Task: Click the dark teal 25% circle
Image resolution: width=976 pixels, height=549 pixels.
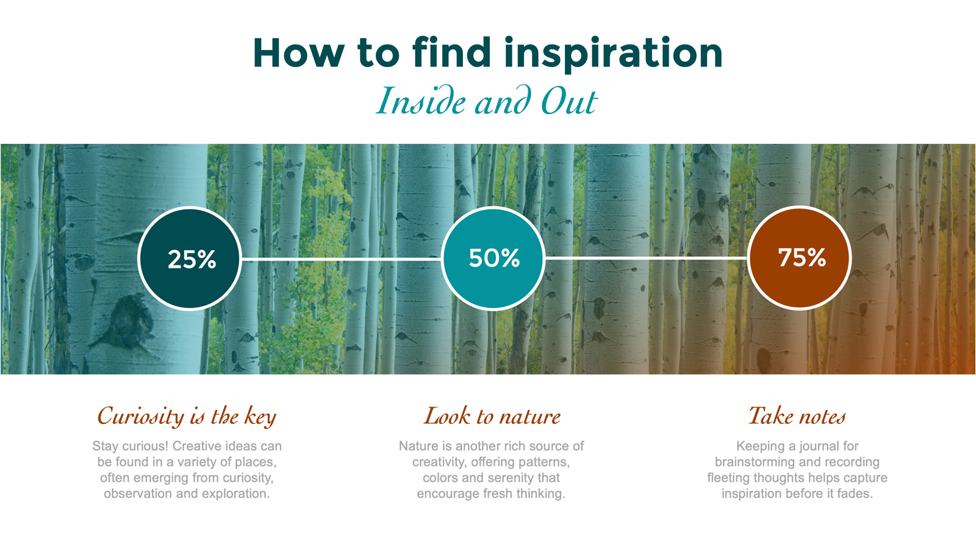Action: (x=190, y=259)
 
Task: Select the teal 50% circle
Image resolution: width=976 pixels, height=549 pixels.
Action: (x=493, y=258)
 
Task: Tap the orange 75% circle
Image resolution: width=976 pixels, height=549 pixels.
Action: (x=800, y=258)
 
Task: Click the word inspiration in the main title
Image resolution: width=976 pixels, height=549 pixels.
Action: (x=613, y=54)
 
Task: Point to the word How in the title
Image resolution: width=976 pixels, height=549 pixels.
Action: (x=299, y=53)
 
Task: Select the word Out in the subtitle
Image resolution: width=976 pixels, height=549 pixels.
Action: (x=569, y=102)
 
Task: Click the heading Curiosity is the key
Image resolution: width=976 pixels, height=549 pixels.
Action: (x=187, y=416)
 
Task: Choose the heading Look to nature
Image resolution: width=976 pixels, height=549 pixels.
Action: (x=492, y=415)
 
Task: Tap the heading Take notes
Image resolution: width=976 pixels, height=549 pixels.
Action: (x=797, y=415)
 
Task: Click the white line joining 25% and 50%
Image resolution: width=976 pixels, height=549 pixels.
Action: (x=341, y=259)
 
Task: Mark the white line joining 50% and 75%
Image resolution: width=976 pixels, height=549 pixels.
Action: (x=646, y=259)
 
